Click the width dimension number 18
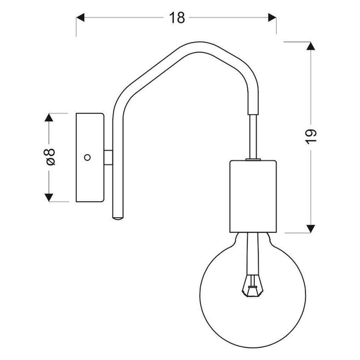tap(176, 18)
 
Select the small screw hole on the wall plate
tap(88, 157)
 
